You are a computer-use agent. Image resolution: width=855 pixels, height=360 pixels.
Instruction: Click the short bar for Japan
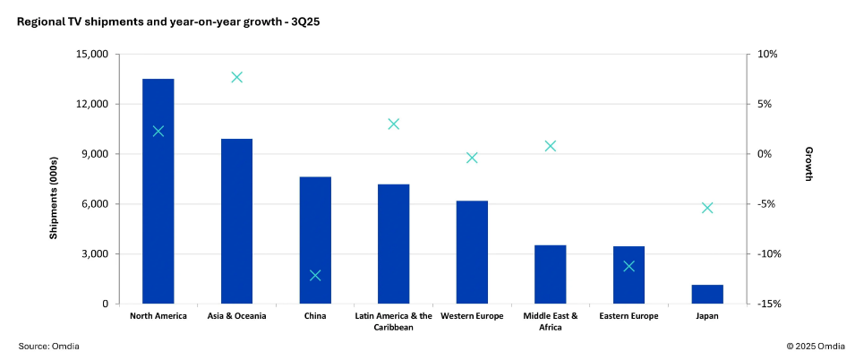click(x=707, y=295)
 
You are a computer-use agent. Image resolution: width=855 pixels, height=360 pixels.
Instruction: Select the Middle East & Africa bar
click(x=551, y=274)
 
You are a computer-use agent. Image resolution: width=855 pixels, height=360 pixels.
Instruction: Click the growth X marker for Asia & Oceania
click(x=237, y=77)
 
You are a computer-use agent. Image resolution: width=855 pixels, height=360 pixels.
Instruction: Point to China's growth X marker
click(x=315, y=275)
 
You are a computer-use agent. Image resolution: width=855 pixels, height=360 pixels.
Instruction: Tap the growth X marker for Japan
click(x=707, y=208)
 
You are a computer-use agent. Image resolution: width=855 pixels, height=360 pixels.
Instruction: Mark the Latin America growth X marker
click(x=394, y=124)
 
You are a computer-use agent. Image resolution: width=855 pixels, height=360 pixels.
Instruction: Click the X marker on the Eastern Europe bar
click(x=628, y=266)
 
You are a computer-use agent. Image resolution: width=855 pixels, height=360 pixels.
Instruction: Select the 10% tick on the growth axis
click(x=767, y=54)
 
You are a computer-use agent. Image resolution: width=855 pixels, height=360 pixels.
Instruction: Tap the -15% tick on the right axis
click(x=769, y=304)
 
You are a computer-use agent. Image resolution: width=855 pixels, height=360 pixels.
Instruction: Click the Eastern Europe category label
click(x=628, y=316)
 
